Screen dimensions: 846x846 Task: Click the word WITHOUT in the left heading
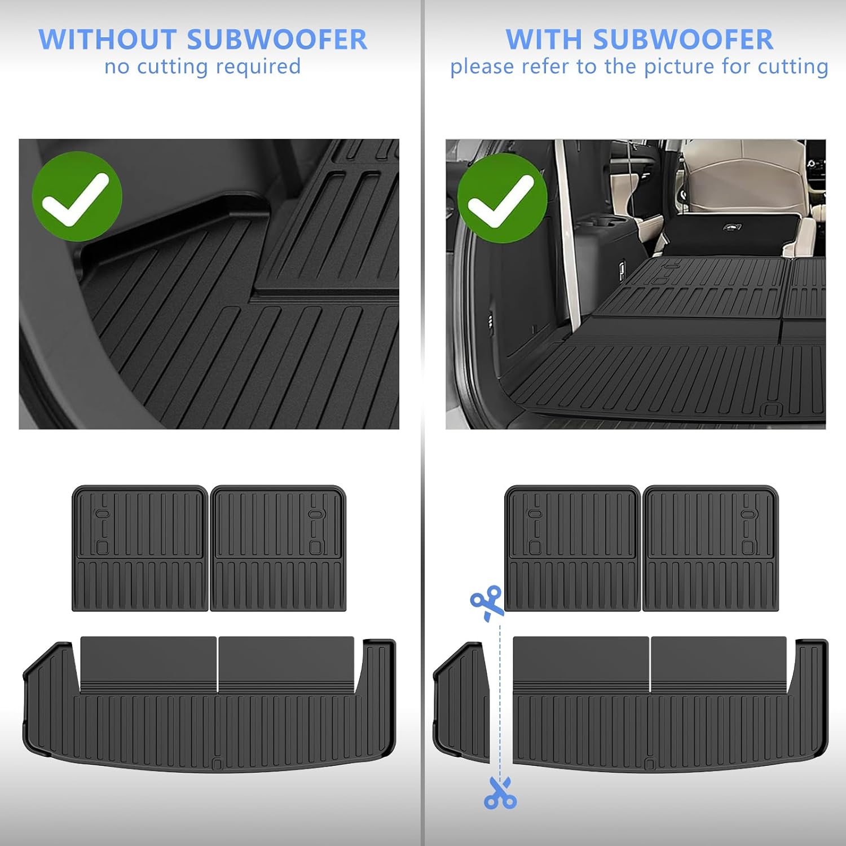[x=107, y=39]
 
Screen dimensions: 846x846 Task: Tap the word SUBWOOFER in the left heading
[x=277, y=39]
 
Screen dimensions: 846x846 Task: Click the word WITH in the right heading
[x=544, y=39]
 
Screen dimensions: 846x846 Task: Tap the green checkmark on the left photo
[x=77, y=196]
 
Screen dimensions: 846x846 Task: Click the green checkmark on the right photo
[x=502, y=198]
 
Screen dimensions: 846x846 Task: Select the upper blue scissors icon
[x=487, y=602]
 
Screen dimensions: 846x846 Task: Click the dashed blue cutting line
[x=500, y=699]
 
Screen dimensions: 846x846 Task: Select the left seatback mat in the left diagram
[x=140, y=548]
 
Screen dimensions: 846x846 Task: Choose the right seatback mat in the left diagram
[x=278, y=548]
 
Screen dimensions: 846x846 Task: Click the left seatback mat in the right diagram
[x=572, y=548]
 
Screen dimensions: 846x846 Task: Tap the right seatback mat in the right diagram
[x=711, y=548]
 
